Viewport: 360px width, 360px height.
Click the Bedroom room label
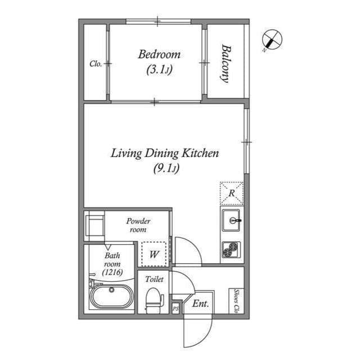coord(159,55)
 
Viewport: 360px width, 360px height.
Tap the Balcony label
coord(226,63)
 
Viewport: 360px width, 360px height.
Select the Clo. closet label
coord(95,64)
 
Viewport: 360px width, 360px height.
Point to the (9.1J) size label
coord(165,168)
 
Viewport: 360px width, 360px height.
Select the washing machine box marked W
coord(154,253)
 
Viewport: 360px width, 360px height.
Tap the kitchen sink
coord(231,219)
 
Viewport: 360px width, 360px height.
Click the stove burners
coord(231,249)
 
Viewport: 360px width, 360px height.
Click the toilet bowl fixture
coord(153,299)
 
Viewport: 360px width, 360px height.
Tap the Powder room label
coord(138,225)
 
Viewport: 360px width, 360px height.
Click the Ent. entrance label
coord(200,304)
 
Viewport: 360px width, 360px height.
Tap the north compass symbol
coord(272,40)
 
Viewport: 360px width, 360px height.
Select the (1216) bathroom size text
coord(112,272)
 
